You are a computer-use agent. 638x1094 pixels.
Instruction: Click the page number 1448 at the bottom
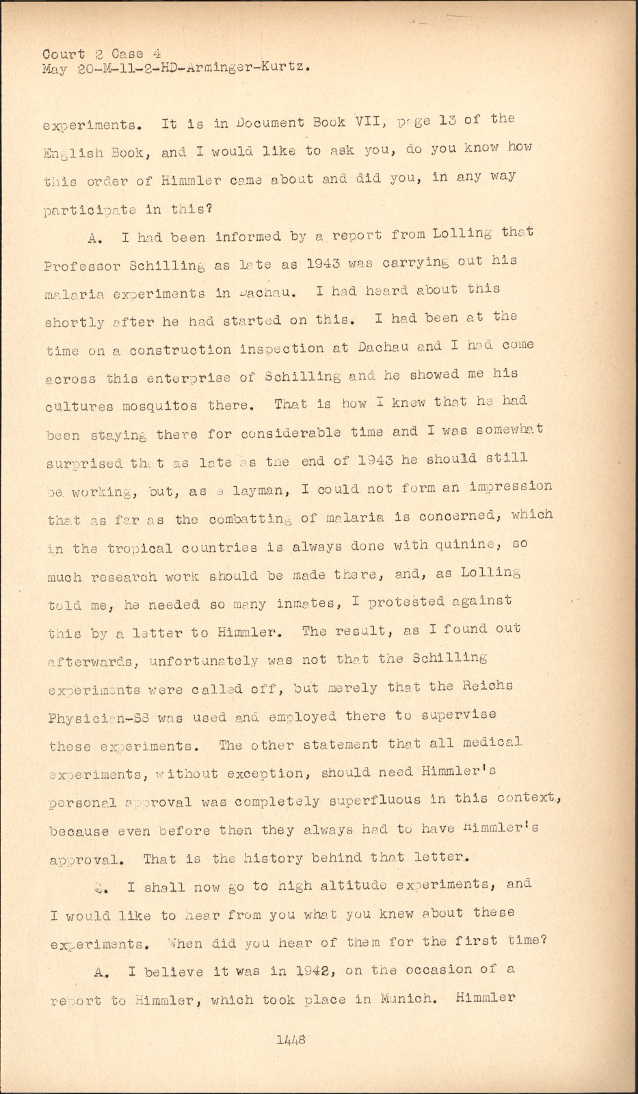tap(291, 1039)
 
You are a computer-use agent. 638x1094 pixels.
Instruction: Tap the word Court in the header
tap(64, 54)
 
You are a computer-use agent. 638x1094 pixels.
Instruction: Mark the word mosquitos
tap(160, 405)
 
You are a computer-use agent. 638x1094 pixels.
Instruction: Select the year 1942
tap(307, 971)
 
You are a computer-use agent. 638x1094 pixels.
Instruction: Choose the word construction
tap(181, 350)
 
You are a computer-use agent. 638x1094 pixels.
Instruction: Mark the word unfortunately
tap(203, 661)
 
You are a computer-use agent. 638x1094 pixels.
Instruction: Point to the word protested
tap(406, 602)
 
